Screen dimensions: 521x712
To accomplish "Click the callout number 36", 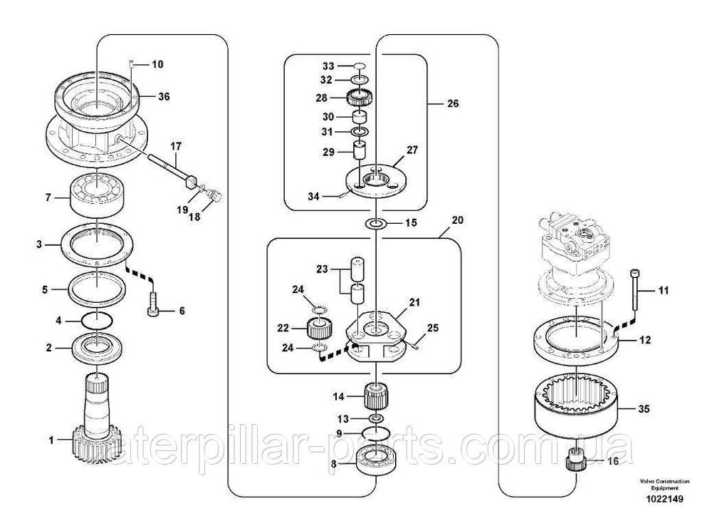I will tap(164, 96).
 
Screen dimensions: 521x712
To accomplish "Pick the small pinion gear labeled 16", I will tap(575, 463).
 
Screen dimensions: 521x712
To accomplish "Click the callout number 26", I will tap(453, 104).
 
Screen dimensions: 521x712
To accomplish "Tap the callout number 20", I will tap(457, 220).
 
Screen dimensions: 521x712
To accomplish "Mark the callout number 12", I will tap(644, 341).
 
